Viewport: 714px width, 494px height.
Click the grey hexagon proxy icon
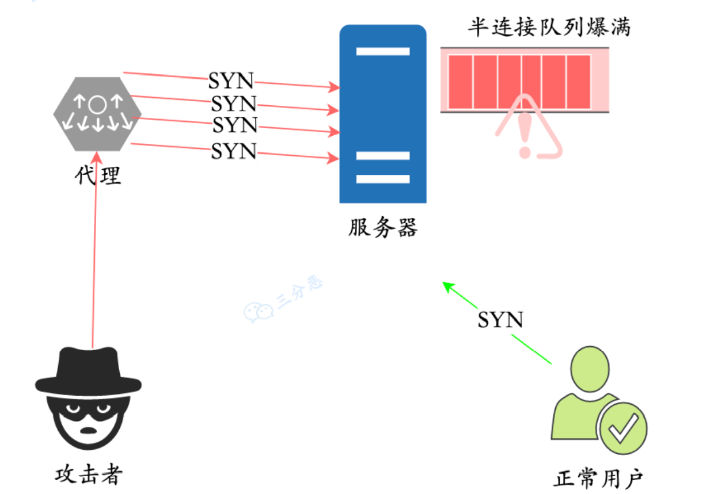coord(97,113)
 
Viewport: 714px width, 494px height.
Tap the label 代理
coord(98,175)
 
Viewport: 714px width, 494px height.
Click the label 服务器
coord(382,228)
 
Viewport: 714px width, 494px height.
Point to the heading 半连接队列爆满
coord(549,26)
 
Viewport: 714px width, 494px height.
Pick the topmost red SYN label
coord(230,81)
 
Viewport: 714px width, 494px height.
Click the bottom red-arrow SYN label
coord(233,151)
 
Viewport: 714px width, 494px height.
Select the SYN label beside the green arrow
coord(500,319)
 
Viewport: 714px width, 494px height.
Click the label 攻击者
coord(89,474)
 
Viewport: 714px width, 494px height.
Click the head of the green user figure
coord(590,368)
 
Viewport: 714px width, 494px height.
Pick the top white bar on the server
coord(382,51)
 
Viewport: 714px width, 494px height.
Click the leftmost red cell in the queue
coord(460,82)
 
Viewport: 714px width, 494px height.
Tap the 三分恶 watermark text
coord(300,293)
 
